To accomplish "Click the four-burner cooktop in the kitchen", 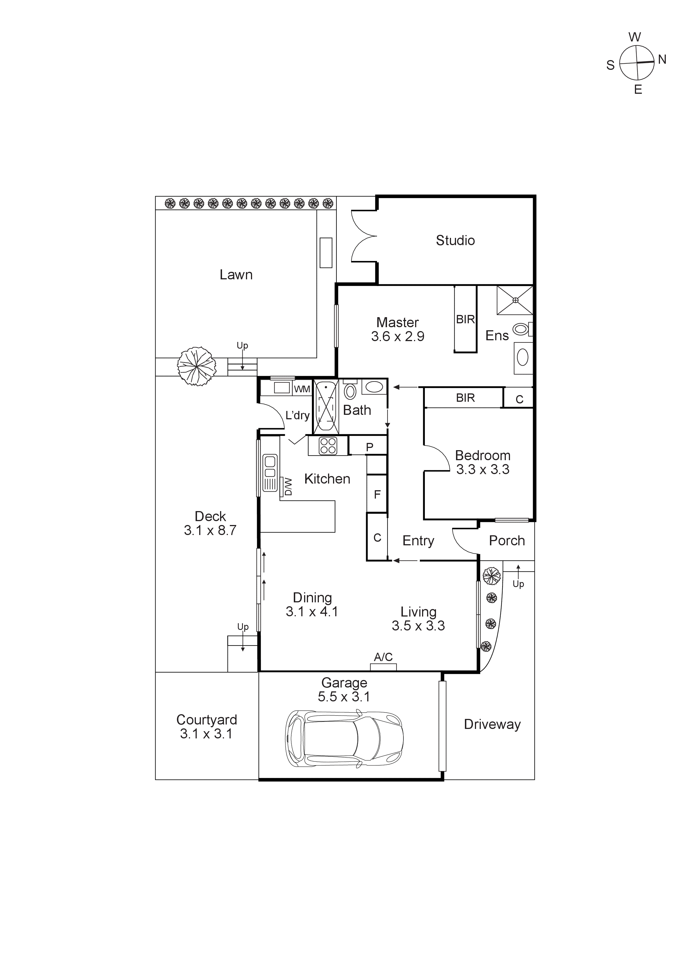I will [x=328, y=446].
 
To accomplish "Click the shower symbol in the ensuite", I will [x=515, y=300].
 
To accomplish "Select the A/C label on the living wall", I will [x=383, y=657].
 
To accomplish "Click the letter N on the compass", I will [x=662, y=60].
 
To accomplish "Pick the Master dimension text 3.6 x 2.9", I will [x=398, y=337].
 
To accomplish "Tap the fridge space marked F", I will [x=377, y=494].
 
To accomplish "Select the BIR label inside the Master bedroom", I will [x=465, y=320].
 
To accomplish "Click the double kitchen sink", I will [x=270, y=467].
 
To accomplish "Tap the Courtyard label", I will [x=207, y=720].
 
